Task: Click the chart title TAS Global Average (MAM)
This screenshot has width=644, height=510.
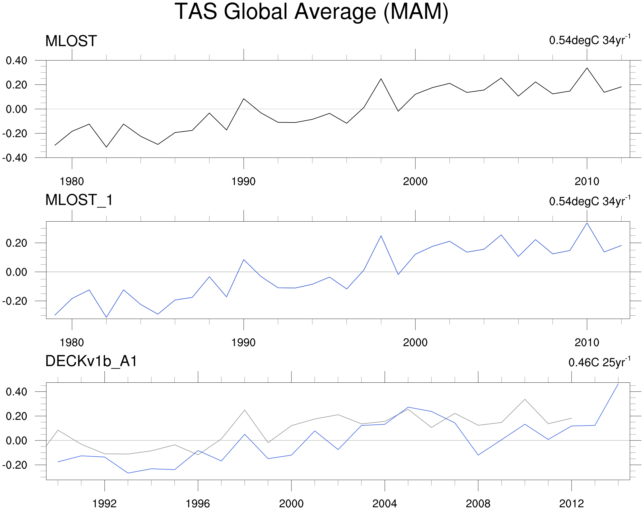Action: [311, 12]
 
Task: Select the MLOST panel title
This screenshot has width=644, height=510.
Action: [71, 41]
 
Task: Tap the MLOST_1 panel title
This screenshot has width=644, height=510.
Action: [79, 200]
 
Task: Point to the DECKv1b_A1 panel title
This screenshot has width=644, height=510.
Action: [91, 361]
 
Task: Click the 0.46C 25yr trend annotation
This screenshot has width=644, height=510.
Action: [599, 362]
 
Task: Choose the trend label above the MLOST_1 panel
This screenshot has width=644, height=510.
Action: [590, 201]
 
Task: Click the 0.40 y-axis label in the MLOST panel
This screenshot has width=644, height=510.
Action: [16, 60]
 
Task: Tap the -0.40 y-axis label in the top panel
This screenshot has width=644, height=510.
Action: [15, 158]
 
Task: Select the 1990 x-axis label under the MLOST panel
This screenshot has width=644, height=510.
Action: [243, 181]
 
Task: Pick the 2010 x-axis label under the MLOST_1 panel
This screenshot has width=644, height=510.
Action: [587, 343]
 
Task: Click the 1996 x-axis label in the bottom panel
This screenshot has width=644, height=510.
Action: [198, 504]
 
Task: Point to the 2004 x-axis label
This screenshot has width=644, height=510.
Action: [385, 504]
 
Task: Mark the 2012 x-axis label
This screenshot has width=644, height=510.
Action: [571, 504]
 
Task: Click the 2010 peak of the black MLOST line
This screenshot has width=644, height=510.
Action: [587, 68]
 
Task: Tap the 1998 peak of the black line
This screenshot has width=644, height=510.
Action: [381, 79]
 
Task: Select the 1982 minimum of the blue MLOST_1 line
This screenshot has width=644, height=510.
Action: [106, 317]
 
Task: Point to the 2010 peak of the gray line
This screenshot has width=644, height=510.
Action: [525, 399]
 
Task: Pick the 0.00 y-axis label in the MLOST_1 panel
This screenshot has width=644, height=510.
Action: [16, 272]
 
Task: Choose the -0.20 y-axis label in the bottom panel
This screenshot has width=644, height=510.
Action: [15, 465]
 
